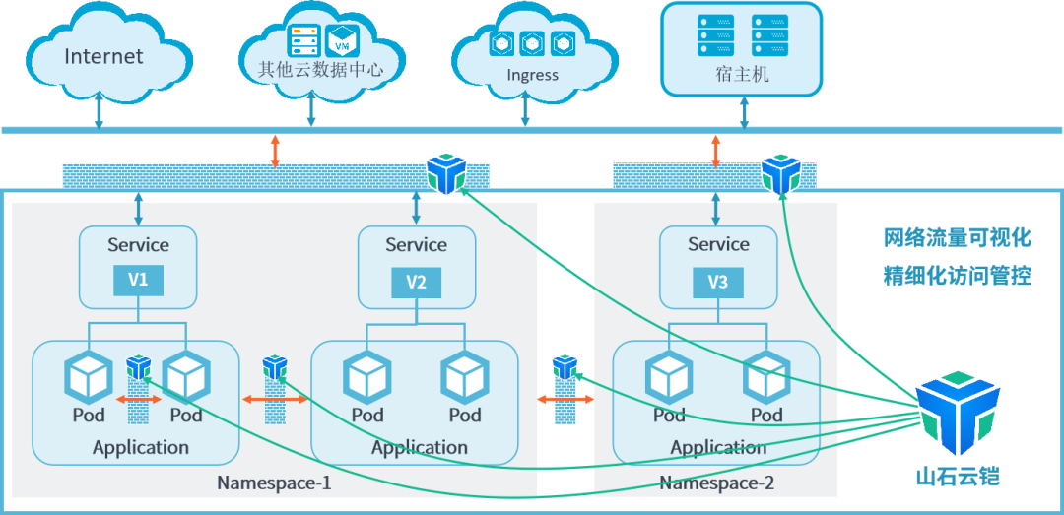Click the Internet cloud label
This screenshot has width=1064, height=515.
(x=103, y=56)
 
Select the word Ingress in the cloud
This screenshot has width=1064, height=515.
(x=533, y=75)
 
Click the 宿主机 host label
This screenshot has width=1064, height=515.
(x=744, y=73)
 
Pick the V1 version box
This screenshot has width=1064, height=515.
(x=139, y=281)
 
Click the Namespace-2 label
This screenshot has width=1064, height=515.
(x=716, y=483)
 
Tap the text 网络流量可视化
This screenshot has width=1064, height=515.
(x=958, y=239)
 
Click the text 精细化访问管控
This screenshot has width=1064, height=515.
(x=958, y=276)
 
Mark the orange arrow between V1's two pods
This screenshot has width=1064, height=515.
(x=139, y=400)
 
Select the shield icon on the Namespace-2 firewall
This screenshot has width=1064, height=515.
(x=780, y=173)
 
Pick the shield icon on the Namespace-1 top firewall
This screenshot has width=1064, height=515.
(x=446, y=174)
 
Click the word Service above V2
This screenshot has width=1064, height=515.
(x=416, y=244)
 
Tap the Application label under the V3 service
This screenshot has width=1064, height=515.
(x=718, y=448)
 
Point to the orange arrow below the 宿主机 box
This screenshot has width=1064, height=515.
(x=715, y=152)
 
